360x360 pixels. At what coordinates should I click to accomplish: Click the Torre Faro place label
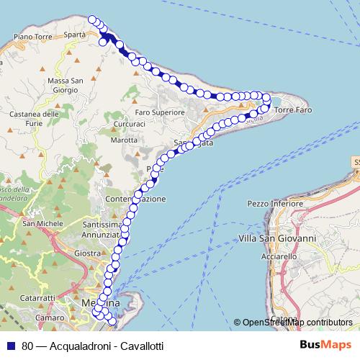coord(294,109)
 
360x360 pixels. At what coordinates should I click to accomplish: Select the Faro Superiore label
coord(160,112)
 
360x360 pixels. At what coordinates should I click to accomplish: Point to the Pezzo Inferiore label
coord(274,204)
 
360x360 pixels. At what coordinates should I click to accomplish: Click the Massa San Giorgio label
coord(67,86)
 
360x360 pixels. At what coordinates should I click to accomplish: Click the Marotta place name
coord(124,140)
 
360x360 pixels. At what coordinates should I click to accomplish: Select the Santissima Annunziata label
coord(99,229)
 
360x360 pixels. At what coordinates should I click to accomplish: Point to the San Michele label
coord(38,224)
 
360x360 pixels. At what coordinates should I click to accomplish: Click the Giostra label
coord(86,253)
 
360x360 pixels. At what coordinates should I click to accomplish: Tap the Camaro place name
coord(48,317)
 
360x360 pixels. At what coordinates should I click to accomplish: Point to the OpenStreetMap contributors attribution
coord(297,323)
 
